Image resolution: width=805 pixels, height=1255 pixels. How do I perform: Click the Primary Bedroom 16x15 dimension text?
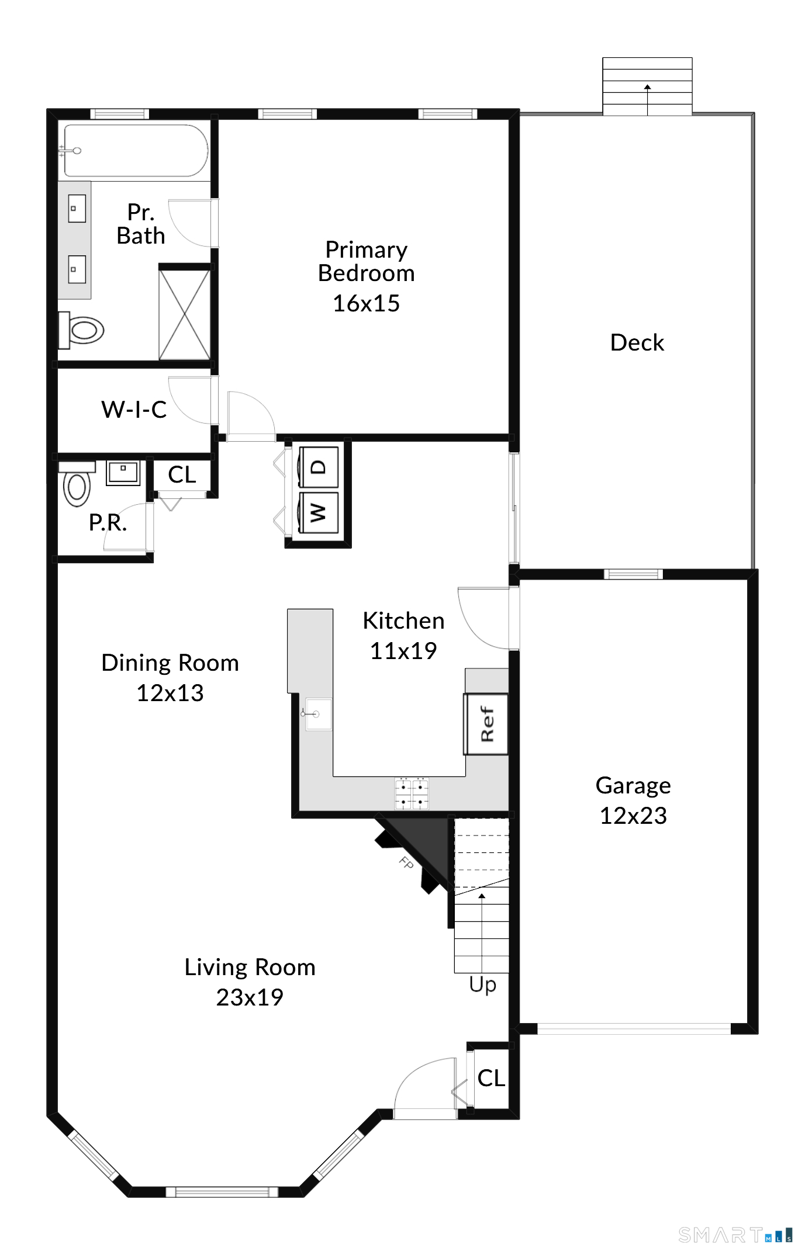point(367,303)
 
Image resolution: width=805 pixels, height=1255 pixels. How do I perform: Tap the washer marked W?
point(319,512)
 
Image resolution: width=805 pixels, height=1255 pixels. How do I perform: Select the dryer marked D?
point(319,467)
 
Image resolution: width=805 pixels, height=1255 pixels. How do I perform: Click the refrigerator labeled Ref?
point(486,724)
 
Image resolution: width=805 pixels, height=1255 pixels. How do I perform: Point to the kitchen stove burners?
point(412,793)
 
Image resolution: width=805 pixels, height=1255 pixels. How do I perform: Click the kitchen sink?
point(316,714)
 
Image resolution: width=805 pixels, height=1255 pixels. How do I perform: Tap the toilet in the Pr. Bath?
point(81,329)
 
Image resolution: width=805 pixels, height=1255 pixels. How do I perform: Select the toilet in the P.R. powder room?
point(77,484)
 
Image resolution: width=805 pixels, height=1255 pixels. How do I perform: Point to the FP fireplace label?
point(406,862)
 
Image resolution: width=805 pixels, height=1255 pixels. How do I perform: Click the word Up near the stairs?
point(483,984)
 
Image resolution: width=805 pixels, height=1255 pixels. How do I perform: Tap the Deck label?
point(637,342)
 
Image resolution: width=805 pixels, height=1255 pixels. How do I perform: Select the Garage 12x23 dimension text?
point(633,816)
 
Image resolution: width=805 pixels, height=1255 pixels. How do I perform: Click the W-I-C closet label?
point(134,410)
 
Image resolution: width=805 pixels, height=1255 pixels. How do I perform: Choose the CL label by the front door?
point(491,1079)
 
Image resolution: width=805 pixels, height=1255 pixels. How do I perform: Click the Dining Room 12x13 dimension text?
point(170,693)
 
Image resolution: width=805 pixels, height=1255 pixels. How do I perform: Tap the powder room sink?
point(123,473)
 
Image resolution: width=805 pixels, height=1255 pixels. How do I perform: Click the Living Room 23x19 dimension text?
point(250,997)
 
